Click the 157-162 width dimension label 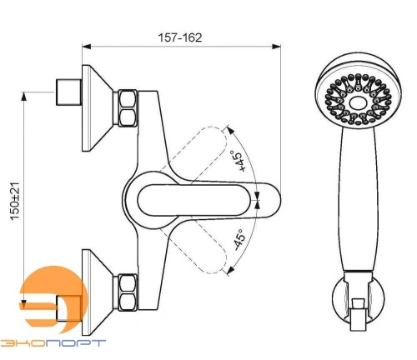click(180, 37)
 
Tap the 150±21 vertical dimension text click(15, 201)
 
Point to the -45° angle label click(239, 240)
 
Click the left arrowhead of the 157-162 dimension click(87, 47)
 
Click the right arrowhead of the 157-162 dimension click(276, 47)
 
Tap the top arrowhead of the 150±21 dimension click(24, 97)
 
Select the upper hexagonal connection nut click(128, 108)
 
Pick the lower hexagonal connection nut click(128, 292)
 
